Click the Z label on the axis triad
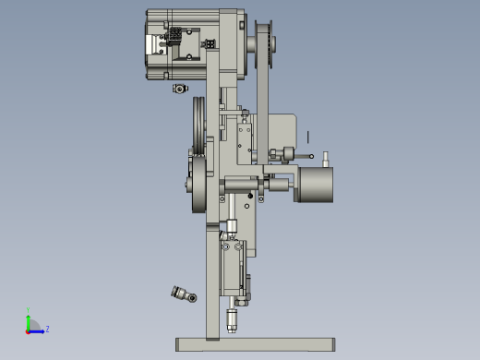47,329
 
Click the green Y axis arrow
29,319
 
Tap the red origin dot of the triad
29,330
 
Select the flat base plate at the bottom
254,344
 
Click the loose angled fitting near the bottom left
183,294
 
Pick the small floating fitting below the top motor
179,89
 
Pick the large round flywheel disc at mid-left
197,185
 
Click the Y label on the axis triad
29,310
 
